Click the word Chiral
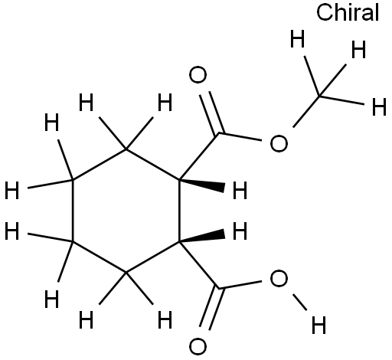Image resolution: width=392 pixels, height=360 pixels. (348, 12)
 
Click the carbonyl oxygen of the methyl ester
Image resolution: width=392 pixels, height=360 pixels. (198, 75)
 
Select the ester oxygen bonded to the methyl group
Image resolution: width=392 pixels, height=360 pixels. (279, 144)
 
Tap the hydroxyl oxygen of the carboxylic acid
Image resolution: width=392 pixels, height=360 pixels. (279, 278)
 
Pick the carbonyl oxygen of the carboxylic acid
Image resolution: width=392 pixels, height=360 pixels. (198, 347)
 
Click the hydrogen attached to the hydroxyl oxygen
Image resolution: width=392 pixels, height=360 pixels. (319, 325)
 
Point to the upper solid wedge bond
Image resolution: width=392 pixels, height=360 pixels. (201, 184)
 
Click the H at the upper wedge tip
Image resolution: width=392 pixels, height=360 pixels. (240, 190)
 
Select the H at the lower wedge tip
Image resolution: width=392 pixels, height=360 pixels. (240, 231)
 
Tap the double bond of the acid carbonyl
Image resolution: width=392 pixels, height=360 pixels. (211, 309)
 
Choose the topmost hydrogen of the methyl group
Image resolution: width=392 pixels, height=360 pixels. (298, 39)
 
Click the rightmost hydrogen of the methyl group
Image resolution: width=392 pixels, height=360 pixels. (379, 106)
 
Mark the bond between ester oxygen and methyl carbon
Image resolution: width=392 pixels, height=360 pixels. (306, 112)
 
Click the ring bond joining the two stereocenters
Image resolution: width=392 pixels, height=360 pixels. (179, 210)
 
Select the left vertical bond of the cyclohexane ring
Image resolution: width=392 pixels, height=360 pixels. (73, 211)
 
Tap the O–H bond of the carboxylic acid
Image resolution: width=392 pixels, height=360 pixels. (300, 303)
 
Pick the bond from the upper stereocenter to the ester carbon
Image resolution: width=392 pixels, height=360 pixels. (199, 156)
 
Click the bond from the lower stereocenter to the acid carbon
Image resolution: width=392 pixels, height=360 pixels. (199, 265)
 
